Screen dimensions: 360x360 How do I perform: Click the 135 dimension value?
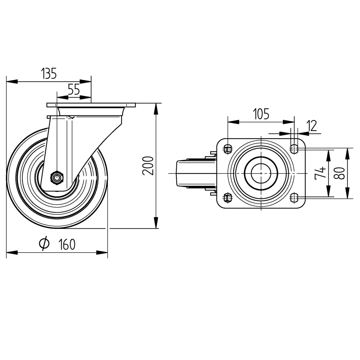[x=49, y=73]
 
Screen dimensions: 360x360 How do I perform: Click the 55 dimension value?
[x=74, y=90]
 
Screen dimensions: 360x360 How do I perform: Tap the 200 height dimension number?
[x=148, y=166]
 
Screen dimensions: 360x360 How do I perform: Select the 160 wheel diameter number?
[x=67, y=244]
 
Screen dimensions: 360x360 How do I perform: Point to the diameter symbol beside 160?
[x=44, y=243]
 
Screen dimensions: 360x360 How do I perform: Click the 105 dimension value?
[x=261, y=114]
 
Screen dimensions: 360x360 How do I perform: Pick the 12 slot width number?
[x=312, y=126]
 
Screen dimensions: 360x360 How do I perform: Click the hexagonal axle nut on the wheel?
[x=57, y=177]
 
